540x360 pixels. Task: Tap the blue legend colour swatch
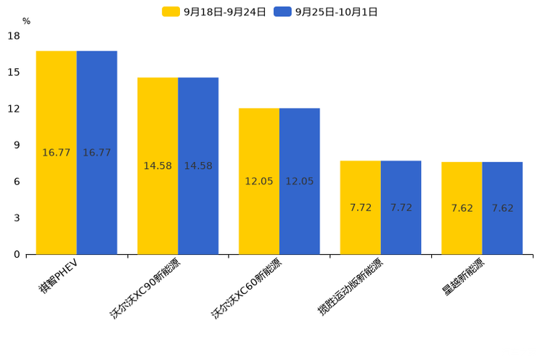click(x=282, y=12)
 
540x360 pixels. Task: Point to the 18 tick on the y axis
click(x=14, y=36)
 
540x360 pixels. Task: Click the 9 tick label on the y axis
click(x=17, y=145)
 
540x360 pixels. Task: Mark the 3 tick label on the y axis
click(x=17, y=218)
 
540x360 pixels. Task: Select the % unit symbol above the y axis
click(x=26, y=21)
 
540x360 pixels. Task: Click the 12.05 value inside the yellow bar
click(x=259, y=181)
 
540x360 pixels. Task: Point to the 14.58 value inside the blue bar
click(x=198, y=166)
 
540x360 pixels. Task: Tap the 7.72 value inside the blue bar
click(x=401, y=208)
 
